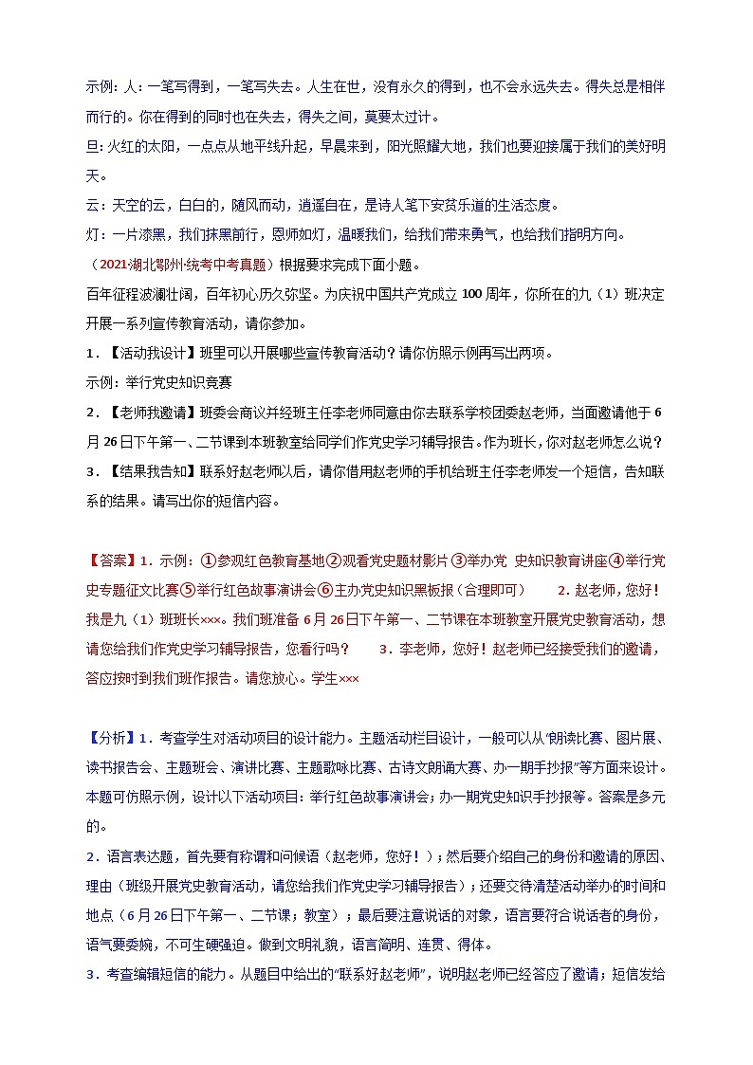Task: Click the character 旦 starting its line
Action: point(92,146)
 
